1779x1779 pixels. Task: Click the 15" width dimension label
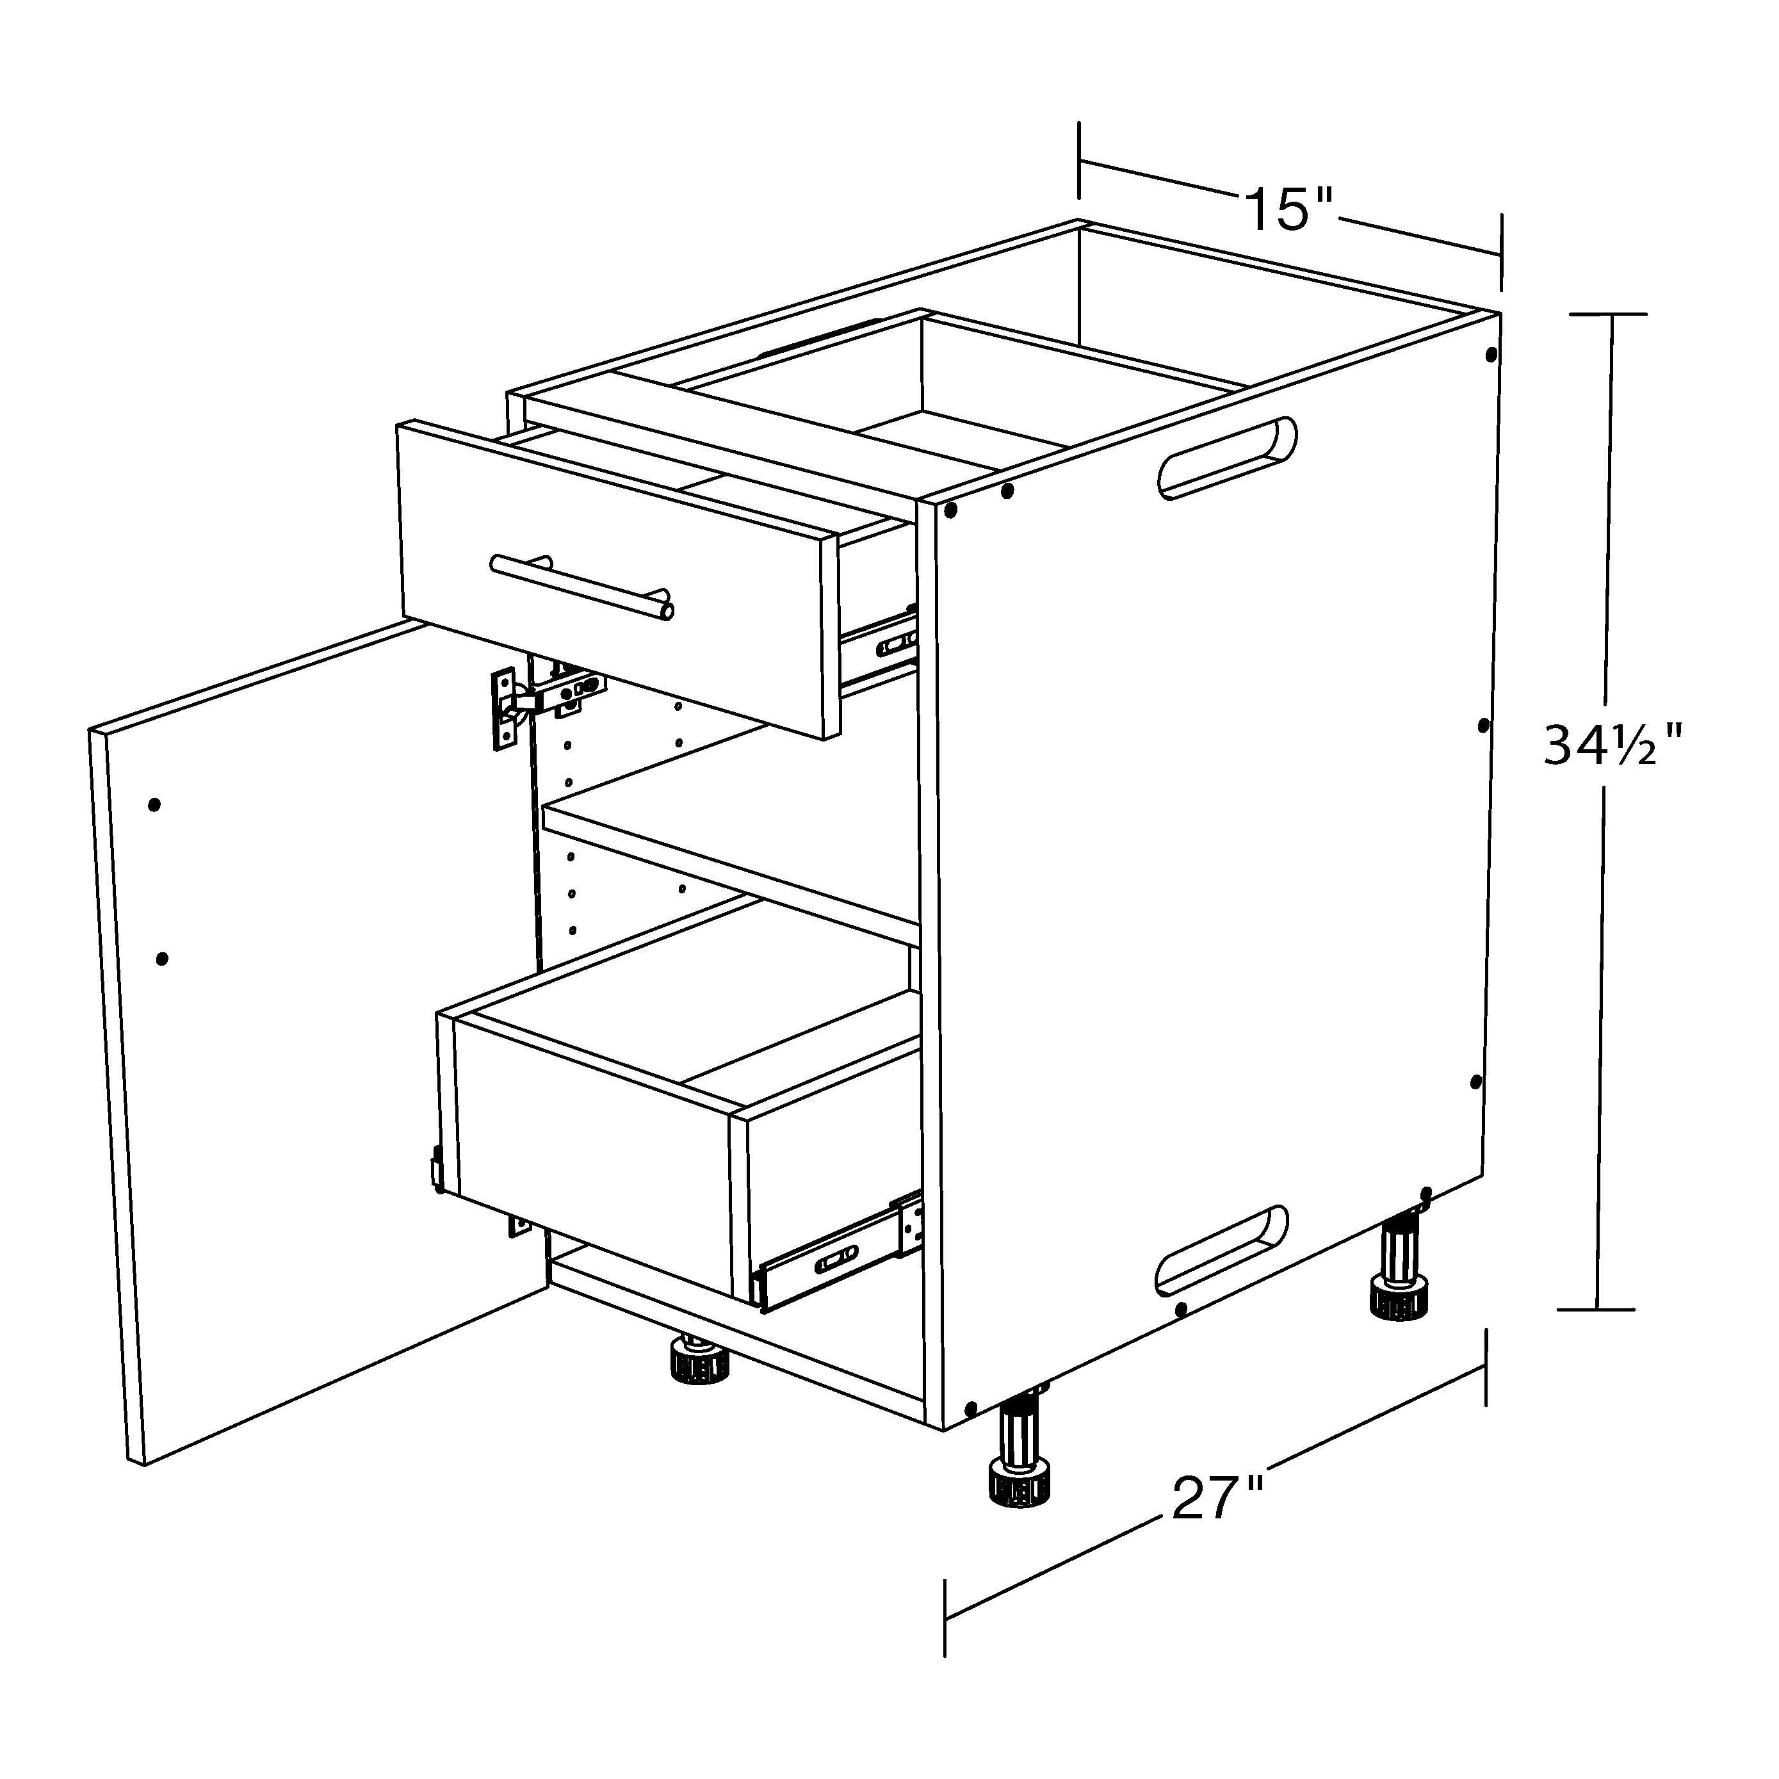tap(1289, 210)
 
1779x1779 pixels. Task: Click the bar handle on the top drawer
tap(582, 587)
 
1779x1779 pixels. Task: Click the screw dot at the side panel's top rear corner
tap(1491, 353)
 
